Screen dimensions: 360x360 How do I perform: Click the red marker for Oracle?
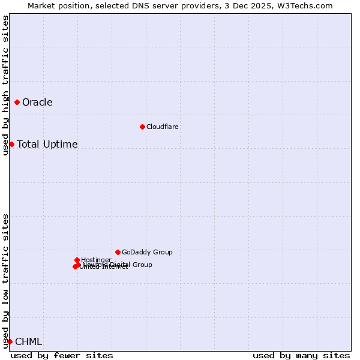(17, 103)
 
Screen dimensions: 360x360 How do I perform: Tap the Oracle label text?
(37, 103)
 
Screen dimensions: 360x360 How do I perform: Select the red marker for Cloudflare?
(142, 127)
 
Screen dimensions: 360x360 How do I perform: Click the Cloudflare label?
(163, 127)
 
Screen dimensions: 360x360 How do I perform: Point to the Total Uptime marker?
(11, 144)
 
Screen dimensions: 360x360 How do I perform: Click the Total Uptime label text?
(47, 144)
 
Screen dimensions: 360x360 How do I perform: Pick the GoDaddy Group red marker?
(118, 252)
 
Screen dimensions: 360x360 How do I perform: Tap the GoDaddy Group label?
(147, 252)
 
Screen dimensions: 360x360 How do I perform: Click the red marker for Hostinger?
(77, 260)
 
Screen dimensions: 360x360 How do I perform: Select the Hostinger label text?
(96, 260)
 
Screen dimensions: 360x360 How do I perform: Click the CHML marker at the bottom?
(10, 341)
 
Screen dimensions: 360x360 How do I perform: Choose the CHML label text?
(28, 342)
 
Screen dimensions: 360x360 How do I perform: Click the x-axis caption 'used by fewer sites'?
(62, 355)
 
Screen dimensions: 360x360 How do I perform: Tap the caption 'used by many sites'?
(301, 355)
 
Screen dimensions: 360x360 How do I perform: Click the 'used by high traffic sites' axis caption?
(6, 85)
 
